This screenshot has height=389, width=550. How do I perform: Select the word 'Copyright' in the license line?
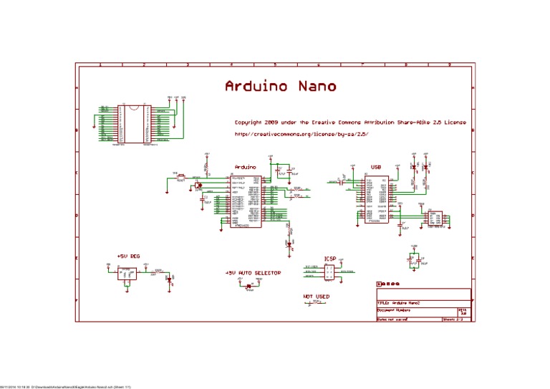tap(250, 123)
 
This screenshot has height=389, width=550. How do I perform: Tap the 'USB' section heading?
tap(375, 167)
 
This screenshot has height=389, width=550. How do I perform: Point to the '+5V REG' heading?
tap(128, 256)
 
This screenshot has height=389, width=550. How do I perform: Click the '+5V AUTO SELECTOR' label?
tap(253, 273)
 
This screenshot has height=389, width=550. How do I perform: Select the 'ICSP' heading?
tap(329, 259)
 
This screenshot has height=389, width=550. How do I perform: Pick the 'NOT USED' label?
tap(316, 296)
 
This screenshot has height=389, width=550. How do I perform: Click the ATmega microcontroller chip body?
tap(246, 201)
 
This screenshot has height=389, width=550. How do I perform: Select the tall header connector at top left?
tap(134, 124)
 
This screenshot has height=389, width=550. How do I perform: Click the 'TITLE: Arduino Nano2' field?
tap(402, 304)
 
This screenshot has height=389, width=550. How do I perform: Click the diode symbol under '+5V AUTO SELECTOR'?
tap(249, 287)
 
